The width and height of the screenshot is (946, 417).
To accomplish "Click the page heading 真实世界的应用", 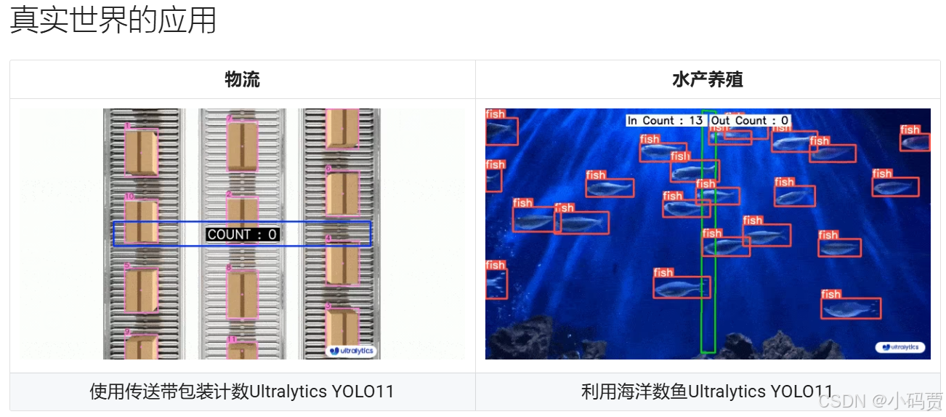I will (113, 21).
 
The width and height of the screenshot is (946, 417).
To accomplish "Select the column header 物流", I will (242, 79).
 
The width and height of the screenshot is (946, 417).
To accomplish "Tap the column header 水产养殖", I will (707, 79).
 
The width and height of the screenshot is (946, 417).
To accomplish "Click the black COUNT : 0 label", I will (242, 234).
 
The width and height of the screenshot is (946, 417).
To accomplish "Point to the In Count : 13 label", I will (665, 121).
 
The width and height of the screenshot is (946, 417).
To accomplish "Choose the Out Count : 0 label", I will (750, 121).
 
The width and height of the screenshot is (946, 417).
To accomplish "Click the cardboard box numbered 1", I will (141, 152).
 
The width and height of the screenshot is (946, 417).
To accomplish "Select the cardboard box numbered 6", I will (341, 194).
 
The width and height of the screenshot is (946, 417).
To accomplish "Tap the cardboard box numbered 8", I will (242, 295).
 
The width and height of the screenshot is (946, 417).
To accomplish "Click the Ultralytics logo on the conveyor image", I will (351, 351).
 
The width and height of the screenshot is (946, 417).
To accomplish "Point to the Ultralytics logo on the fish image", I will (900, 347).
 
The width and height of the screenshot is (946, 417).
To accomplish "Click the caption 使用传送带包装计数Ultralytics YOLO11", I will (242, 392).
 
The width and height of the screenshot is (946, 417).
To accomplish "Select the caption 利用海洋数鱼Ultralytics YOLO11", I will (707, 392).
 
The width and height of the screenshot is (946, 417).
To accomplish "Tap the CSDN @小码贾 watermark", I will (880, 401).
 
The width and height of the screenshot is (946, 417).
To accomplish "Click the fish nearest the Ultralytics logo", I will (851, 309).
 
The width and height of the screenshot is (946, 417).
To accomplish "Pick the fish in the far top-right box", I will (915, 142).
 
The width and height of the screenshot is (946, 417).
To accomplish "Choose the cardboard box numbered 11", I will (242, 351).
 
